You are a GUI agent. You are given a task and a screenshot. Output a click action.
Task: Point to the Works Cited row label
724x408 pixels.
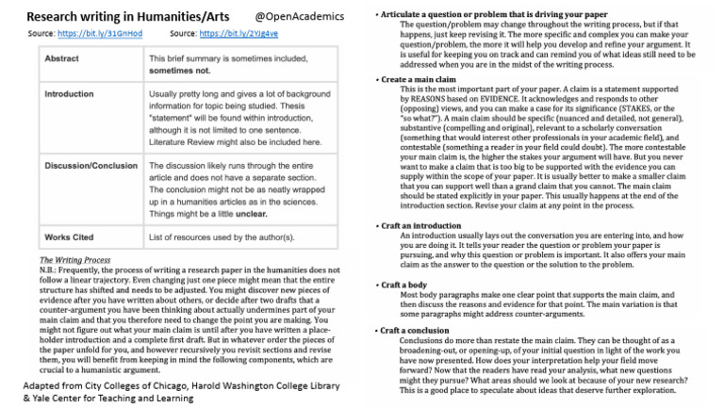point(72,236)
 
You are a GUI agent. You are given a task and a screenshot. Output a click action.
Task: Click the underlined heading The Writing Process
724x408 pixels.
point(80,260)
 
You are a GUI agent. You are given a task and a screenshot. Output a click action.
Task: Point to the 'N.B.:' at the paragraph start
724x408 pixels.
point(51,269)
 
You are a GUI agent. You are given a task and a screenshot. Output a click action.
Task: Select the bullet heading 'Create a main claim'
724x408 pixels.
point(419,80)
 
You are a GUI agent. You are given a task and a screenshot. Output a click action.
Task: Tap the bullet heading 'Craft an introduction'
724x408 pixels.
point(423,226)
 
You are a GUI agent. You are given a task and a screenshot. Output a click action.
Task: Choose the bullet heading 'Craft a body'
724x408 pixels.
point(406,285)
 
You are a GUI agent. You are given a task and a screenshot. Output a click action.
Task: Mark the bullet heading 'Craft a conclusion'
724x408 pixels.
point(420,331)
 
